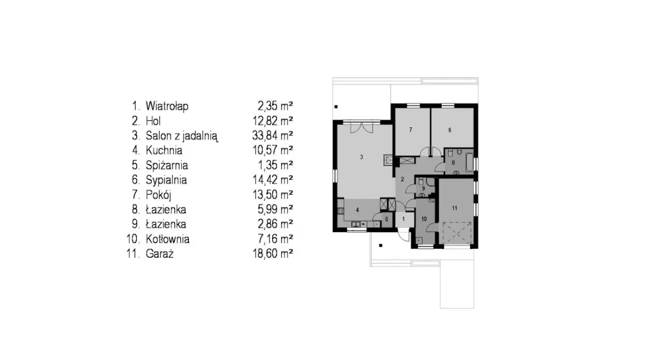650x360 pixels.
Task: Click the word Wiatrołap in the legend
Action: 167,106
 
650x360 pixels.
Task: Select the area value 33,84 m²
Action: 273,136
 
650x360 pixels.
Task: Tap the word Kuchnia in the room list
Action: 164,150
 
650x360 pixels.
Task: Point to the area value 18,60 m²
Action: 273,253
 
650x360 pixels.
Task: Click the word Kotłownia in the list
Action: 168,239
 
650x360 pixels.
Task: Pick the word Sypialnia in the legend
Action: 166,180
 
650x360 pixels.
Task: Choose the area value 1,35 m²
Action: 276,165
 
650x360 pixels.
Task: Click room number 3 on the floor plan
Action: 361,157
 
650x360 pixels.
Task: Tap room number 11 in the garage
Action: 454,208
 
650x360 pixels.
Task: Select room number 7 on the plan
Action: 411,129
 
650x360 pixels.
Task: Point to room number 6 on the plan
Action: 450,130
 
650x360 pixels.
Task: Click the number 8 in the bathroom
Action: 453,163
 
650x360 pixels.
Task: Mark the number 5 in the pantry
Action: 386,219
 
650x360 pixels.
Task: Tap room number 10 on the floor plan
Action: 424,219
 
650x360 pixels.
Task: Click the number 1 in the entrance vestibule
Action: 403,219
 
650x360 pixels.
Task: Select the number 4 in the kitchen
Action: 357,210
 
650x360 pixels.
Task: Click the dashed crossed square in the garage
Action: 457,233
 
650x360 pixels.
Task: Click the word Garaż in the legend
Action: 159,254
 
